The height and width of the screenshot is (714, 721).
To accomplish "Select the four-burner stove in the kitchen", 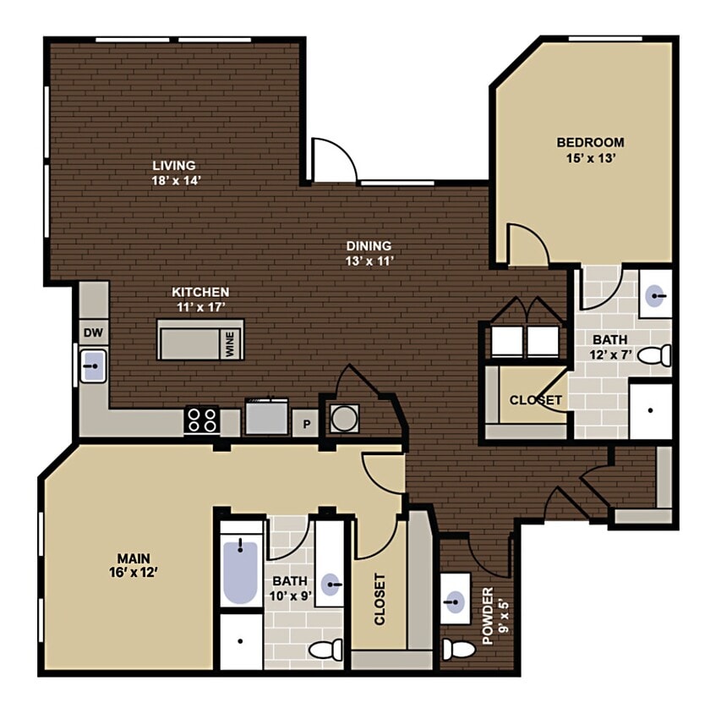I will (202, 420).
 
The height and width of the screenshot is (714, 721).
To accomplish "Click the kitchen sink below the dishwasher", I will (92, 367).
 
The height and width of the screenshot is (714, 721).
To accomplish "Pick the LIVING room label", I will (174, 166).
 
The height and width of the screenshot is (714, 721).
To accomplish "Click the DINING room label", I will (369, 246).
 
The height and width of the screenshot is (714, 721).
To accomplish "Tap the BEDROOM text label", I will (590, 142).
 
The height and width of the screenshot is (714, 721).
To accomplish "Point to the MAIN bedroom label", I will (134, 558).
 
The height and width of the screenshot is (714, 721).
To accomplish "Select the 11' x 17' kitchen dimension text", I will (200, 307).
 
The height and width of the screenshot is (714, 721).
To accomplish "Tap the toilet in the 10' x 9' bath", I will (325, 650).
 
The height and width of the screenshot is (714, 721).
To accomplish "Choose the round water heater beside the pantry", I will (344, 417).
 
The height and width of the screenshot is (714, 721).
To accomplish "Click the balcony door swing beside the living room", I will (331, 161).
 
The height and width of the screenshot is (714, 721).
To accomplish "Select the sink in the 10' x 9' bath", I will (330, 583).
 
